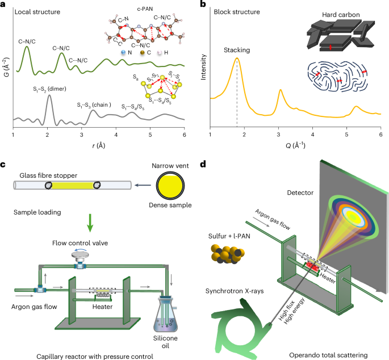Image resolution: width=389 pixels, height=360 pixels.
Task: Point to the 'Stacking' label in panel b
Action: tap(236, 49)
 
